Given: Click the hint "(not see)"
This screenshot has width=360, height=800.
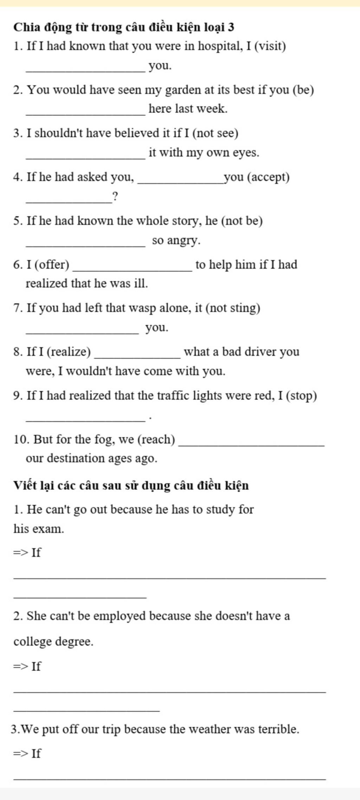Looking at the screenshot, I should pyautogui.click(x=216, y=133).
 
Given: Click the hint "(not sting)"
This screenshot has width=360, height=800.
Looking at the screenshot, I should pyautogui.click(x=233, y=308).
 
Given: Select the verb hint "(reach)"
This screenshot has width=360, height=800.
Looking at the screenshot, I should pyautogui.click(x=156, y=439).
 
